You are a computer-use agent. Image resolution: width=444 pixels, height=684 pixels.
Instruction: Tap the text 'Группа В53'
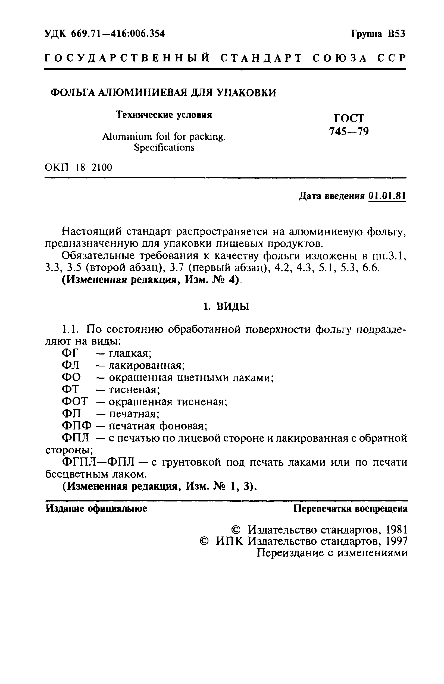pyautogui.click(x=378, y=34)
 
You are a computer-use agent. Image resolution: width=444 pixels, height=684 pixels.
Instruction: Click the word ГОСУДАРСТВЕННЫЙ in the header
pyautogui.click(x=127, y=58)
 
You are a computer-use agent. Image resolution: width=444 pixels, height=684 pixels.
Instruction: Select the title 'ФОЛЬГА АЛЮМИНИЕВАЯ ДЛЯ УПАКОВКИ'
pyautogui.click(x=163, y=93)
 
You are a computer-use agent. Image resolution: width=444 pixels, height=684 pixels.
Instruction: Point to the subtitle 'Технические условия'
pyautogui.click(x=164, y=115)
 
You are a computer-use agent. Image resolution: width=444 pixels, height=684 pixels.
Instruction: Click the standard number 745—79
pyautogui.click(x=349, y=132)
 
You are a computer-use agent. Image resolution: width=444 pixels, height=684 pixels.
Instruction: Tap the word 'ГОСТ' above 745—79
pyautogui.click(x=349, y=118)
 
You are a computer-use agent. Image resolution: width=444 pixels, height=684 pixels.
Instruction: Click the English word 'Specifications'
pyautogui.click(x=164, y=148)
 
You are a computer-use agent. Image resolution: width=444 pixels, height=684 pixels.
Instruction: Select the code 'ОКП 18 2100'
pyautogui.click(x=79, y=167)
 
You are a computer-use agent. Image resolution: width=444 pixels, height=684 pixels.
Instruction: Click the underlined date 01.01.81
pyautogui.click(x=387, y=196)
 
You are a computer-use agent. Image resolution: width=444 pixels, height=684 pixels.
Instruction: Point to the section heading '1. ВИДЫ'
pyautogui.click(x=226, y=307)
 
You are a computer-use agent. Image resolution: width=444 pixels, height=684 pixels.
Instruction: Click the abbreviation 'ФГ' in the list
pyautogui.click(x=70, y=353)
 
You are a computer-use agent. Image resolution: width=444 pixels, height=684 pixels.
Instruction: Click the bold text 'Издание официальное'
pyautogui.click(x=96, y=509)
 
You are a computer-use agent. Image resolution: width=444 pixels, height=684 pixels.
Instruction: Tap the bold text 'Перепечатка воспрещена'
pyautogui.click(x=350, y=509)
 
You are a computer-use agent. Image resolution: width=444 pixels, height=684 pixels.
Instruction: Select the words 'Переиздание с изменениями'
pyautogui.click(x=332, y=553)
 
